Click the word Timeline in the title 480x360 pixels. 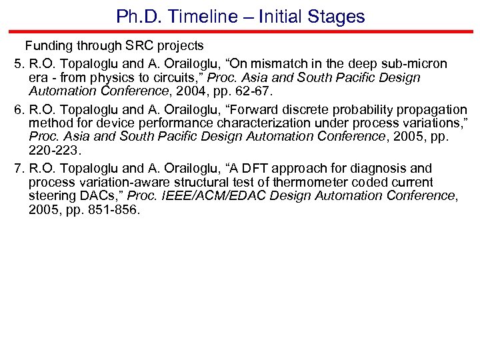click(200, 16)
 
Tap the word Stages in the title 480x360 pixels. click(338, 16)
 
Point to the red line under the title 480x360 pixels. click(240, 31)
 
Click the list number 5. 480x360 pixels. click(18, 63)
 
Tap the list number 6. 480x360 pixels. click(18, 109)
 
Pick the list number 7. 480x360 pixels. click(18, 169)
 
